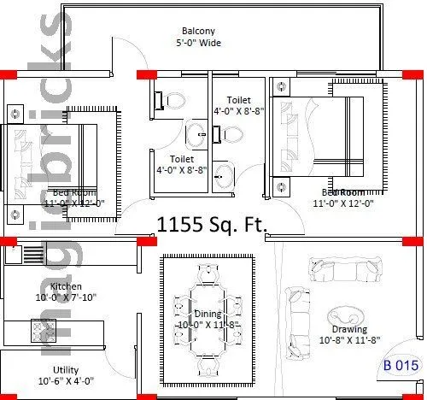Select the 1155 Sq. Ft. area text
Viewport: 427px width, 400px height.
tap(212, 225)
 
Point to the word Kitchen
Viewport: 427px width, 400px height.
tap(67, 286)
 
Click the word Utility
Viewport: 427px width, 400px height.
tap(66, 369)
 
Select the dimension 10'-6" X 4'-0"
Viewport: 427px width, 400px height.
tap(66, 381)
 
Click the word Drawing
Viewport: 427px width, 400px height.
tap(350, 329)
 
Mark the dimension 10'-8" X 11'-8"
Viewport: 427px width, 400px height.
tap(350, 340)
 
